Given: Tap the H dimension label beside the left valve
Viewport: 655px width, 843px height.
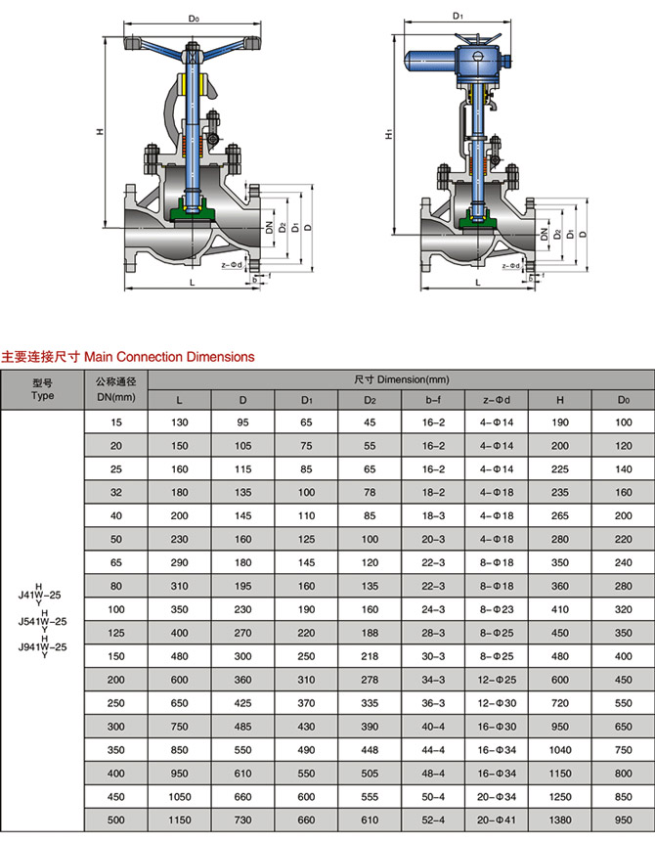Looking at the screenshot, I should pyautogui.click(x=101, y=132).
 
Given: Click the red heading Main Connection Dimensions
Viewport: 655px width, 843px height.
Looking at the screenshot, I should pyautogui.click(x=128, y=357).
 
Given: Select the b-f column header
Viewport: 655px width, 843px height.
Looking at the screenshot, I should pyautogui.click(x=435, y=399).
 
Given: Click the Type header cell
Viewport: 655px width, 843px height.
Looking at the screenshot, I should pyautogui.click(x=42, y=390).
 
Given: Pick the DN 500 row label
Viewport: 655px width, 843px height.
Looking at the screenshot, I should pyautogui.click(x=115, y=820).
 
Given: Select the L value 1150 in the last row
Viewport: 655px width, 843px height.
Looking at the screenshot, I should pyautogui.click(x=179, y=820).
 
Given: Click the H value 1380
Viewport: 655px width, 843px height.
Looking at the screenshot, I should pyautogui.click(x=559, y=820).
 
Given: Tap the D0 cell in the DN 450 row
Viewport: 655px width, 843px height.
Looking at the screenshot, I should pyautogui.click(x=623, y=796).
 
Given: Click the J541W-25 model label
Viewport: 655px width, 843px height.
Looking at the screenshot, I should pyautogui.click(x=42, y=620).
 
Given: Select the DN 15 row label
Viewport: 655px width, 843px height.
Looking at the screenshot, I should pyautogui.click(x=115, y=421).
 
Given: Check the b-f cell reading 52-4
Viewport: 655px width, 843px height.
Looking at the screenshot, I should pyautogui.click(x=435, y=820).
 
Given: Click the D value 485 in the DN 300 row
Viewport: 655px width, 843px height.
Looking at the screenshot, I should pyautogui.click(x=242, y=726).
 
